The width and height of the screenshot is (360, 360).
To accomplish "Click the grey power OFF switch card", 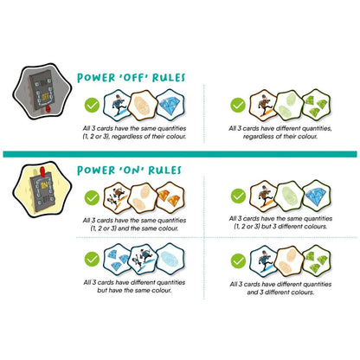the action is click(x=42, y=92).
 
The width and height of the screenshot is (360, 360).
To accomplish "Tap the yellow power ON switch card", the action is click(x=42, y=190).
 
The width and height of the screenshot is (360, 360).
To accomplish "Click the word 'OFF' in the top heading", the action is click(x=130, y=78).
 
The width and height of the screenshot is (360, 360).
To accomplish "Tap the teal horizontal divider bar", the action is click(x=180, y=154).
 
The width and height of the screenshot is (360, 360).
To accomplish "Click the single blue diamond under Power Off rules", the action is click(x=170, y=105).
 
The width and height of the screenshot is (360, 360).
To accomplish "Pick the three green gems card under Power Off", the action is click(x=317, y=105).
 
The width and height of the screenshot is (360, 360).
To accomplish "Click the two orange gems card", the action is click(x=170, y=197).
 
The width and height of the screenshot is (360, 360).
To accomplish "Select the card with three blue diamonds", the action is click(x=117, y=259).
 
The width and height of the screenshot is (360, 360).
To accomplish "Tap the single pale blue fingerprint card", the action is click(x=170, y=259).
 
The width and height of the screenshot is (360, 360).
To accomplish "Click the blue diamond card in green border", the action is click(x=317, y=196).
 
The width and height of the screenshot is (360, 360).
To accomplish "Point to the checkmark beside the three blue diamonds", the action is click(x=92, y=259).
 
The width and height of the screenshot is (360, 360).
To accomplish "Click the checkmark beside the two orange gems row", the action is click(x=92, y=198).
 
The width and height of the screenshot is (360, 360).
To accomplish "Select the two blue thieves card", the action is click(x=144, y=259).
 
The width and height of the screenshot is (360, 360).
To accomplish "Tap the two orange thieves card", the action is click(x=117, y=197).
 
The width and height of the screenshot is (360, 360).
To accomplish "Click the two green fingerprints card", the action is click(x=289, y=105).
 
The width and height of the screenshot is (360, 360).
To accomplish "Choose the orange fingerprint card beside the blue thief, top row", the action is click(x=143, y=105).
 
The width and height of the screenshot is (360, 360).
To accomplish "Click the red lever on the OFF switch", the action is click(x=48, y=109).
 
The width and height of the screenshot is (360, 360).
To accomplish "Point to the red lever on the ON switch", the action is click(x=43, y=171).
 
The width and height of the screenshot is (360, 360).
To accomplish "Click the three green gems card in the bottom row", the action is click(x=317, y=260).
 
